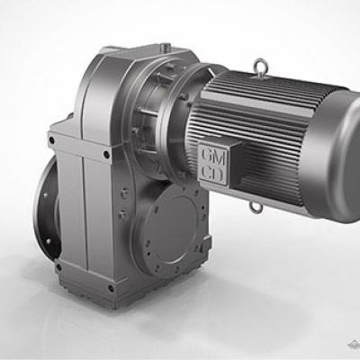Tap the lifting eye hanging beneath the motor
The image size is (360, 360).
coord(256,206)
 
